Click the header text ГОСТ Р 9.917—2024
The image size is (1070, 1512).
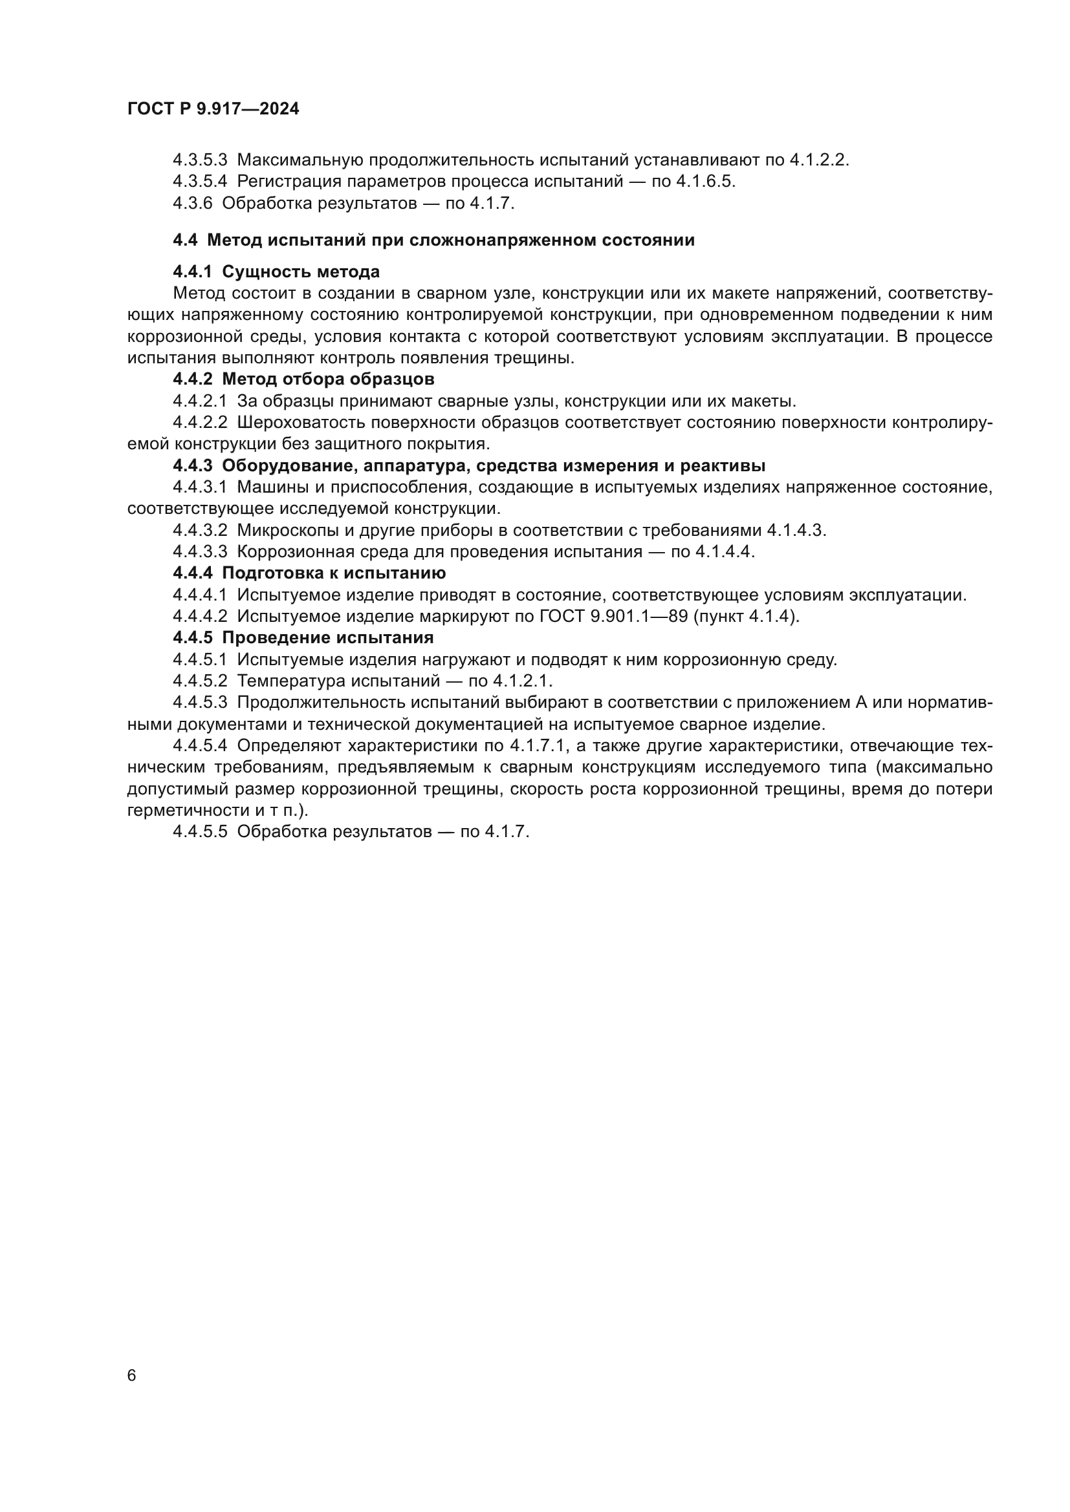click(213, 109)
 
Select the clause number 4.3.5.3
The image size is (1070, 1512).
click(200, 160)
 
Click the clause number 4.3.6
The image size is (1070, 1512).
click(192, 203)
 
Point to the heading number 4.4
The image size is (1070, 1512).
click(184, 240)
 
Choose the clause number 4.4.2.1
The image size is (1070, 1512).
click(200, 401)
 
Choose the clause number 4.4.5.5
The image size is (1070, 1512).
click(200, 832)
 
